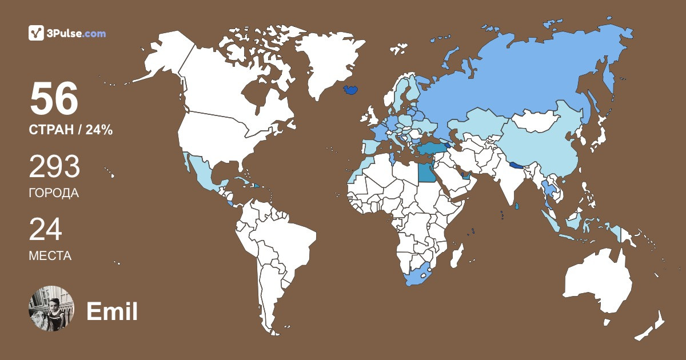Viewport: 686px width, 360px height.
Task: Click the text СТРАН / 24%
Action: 70,130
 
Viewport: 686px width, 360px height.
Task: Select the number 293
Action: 54,167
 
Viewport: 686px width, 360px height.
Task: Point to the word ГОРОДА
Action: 54,193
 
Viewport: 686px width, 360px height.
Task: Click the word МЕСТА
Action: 50,256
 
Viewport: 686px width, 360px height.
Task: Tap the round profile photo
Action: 51,309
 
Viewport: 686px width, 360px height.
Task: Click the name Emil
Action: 112,311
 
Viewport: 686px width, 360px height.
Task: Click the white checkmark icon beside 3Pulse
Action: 36,33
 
